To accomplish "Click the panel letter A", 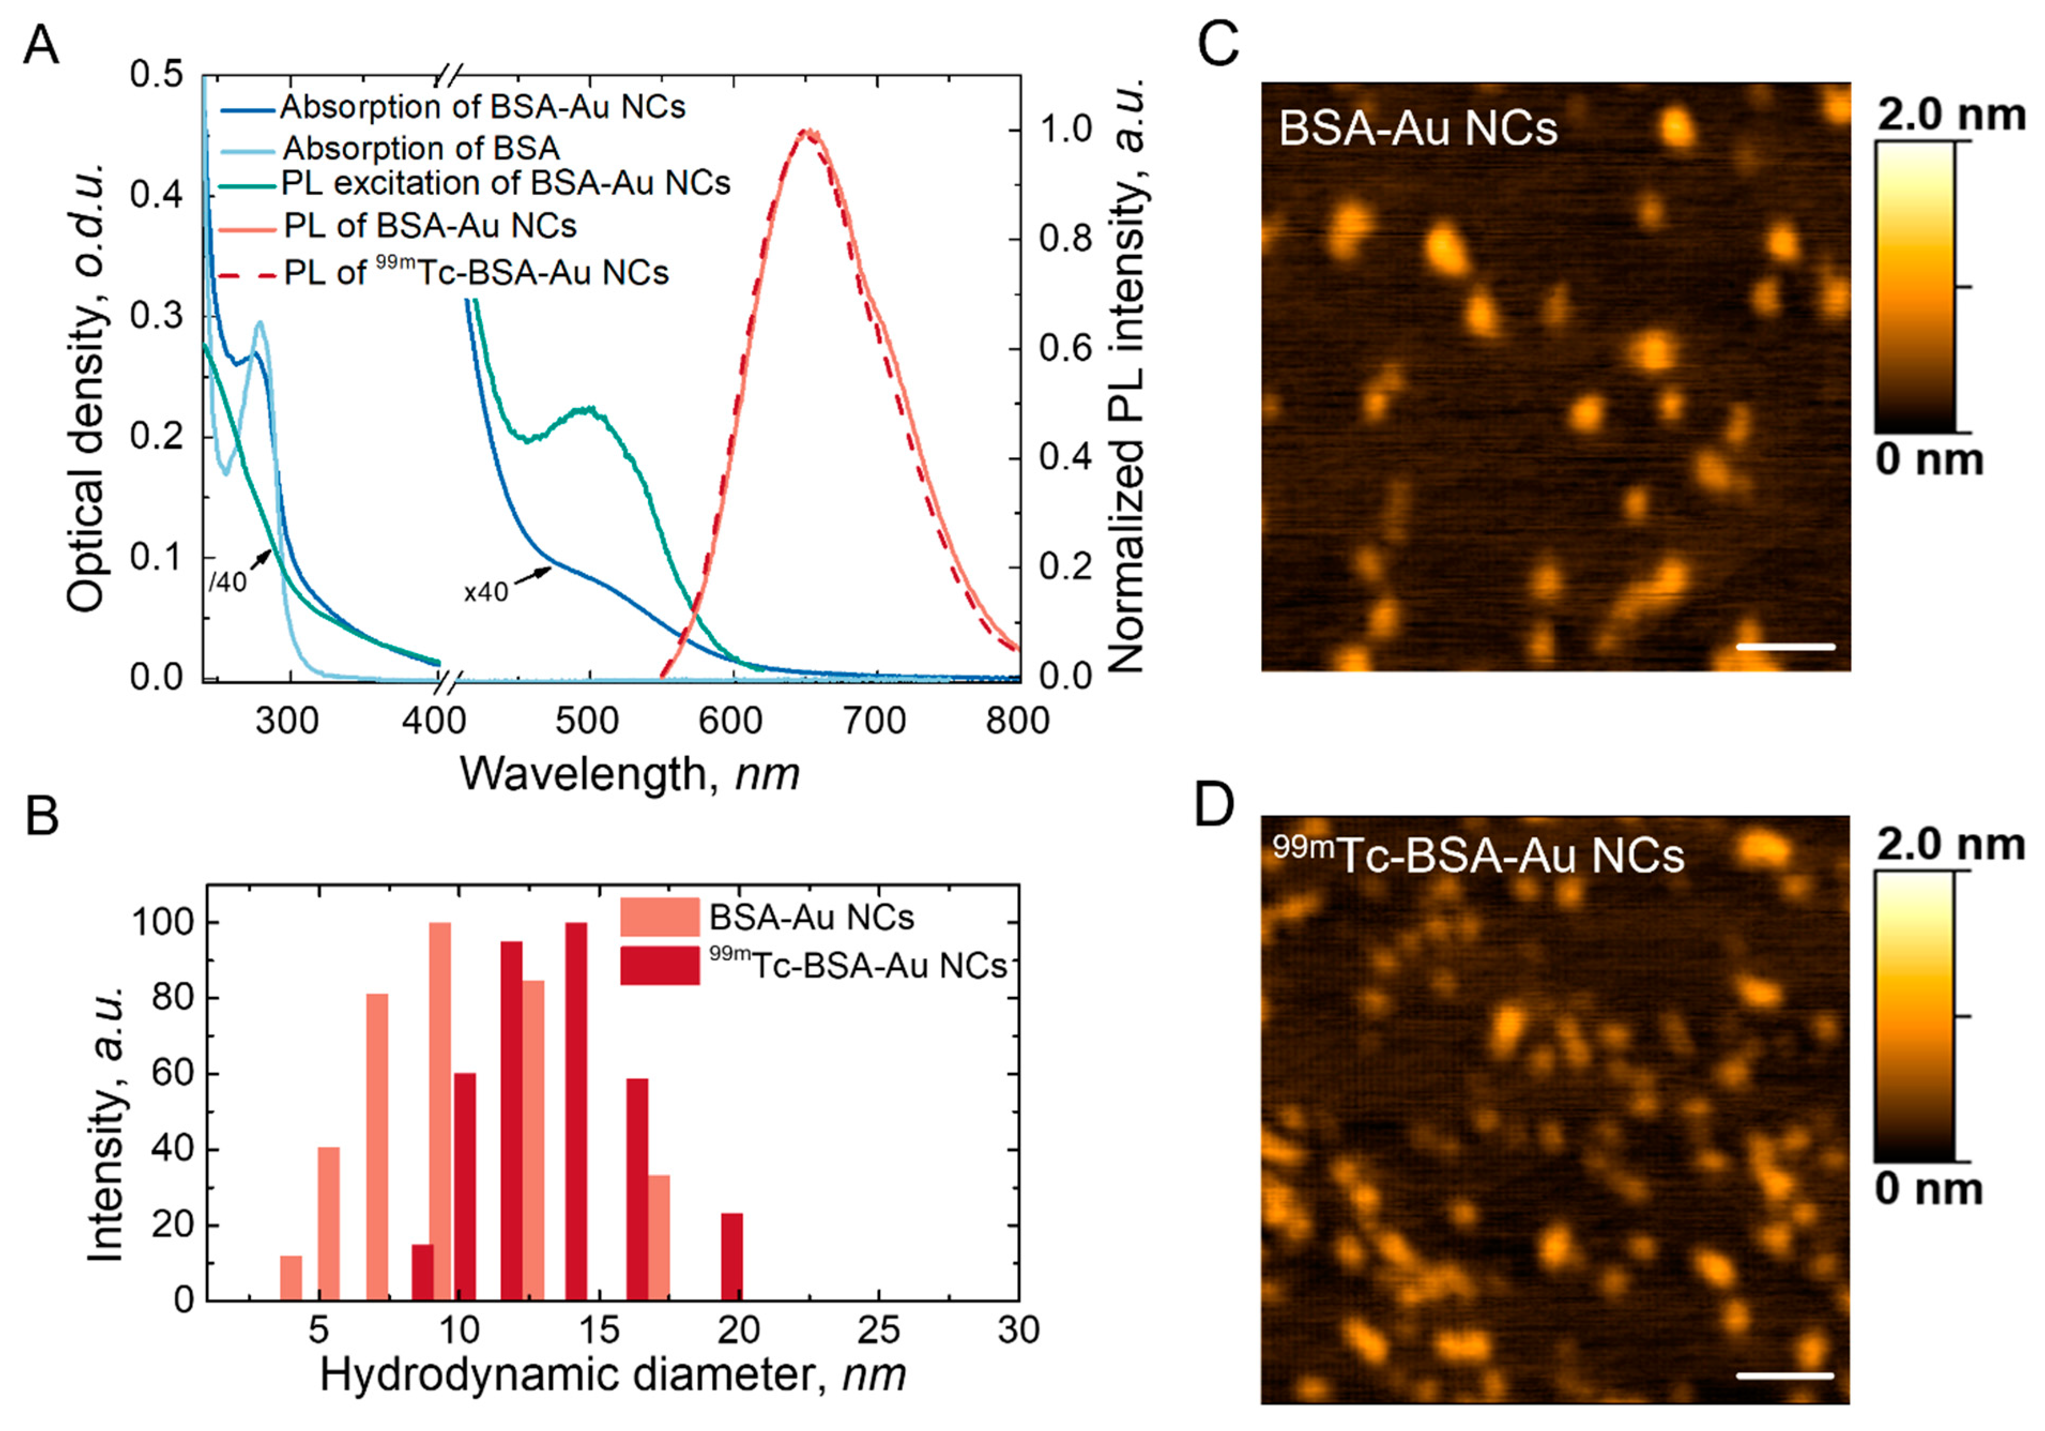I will [x=41, y=44].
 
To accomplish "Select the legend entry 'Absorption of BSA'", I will [x=421, y=148].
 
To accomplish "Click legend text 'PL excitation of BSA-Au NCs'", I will [x=505, y=184].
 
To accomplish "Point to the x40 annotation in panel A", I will [x=485, y=592].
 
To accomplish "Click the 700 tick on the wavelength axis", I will [x=875, y=720].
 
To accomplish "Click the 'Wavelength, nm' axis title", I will [x=629, y=774].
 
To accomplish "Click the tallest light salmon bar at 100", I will [x=440, y=1111].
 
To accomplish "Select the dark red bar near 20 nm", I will [x=731, y=1256].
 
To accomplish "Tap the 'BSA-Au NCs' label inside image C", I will [x=1418, y=129].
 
